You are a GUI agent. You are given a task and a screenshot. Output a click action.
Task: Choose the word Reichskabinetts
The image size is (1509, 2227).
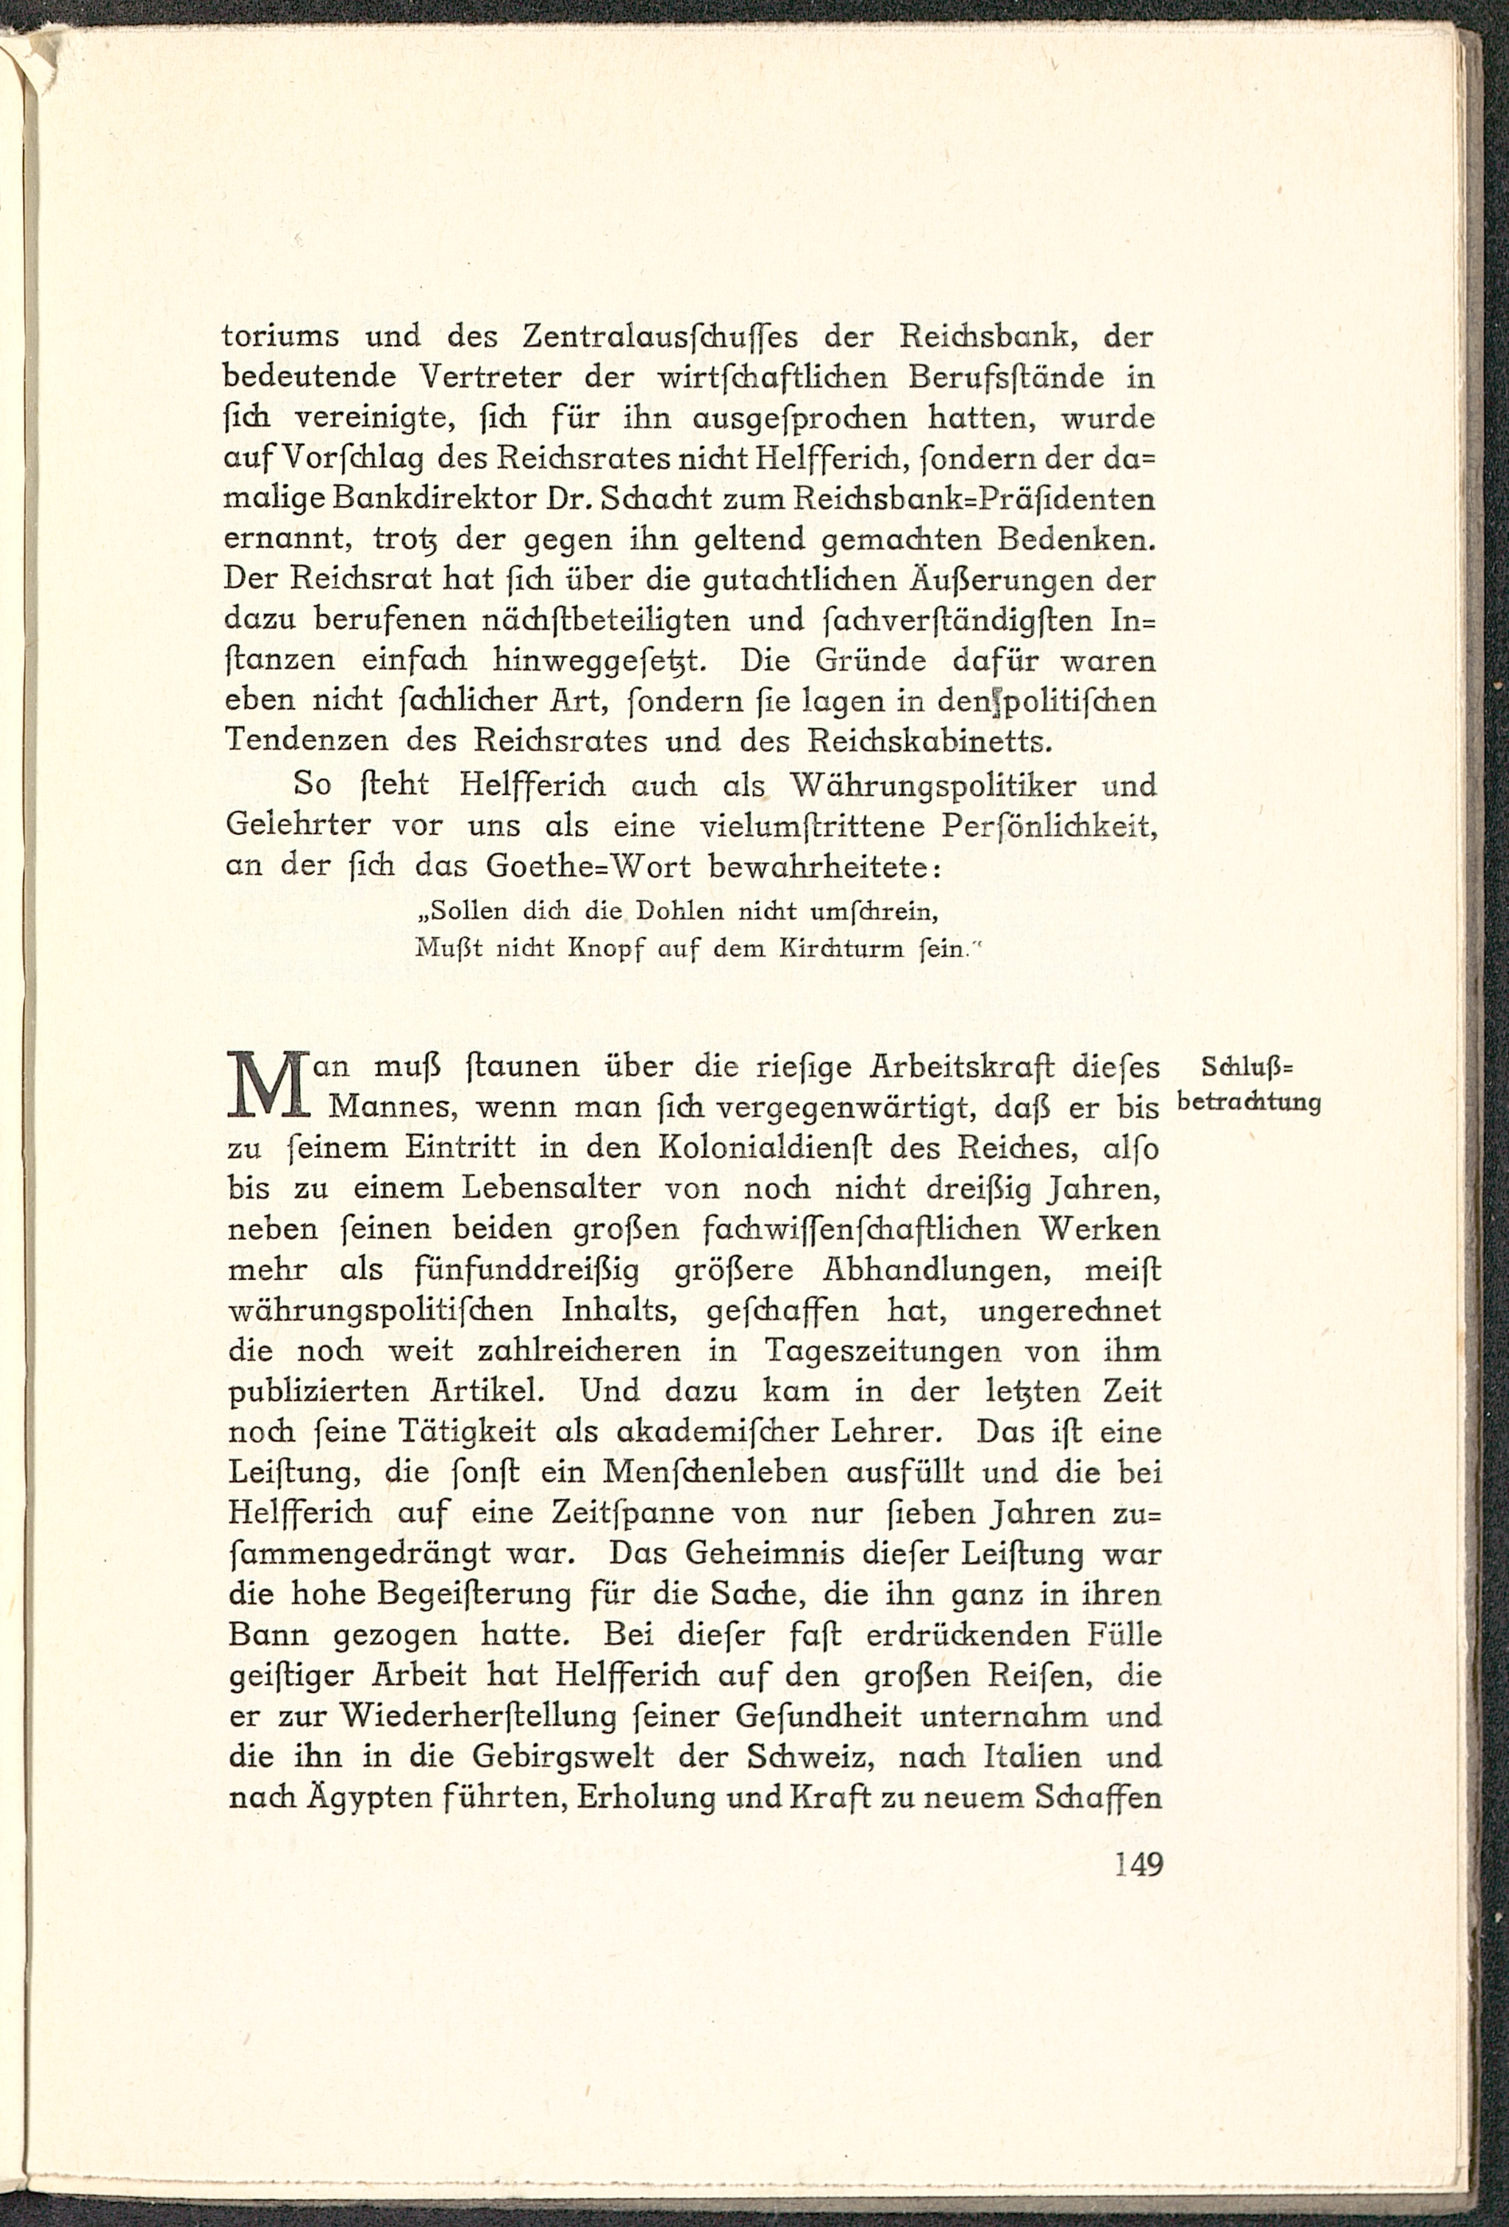click(x=968, y=741)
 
